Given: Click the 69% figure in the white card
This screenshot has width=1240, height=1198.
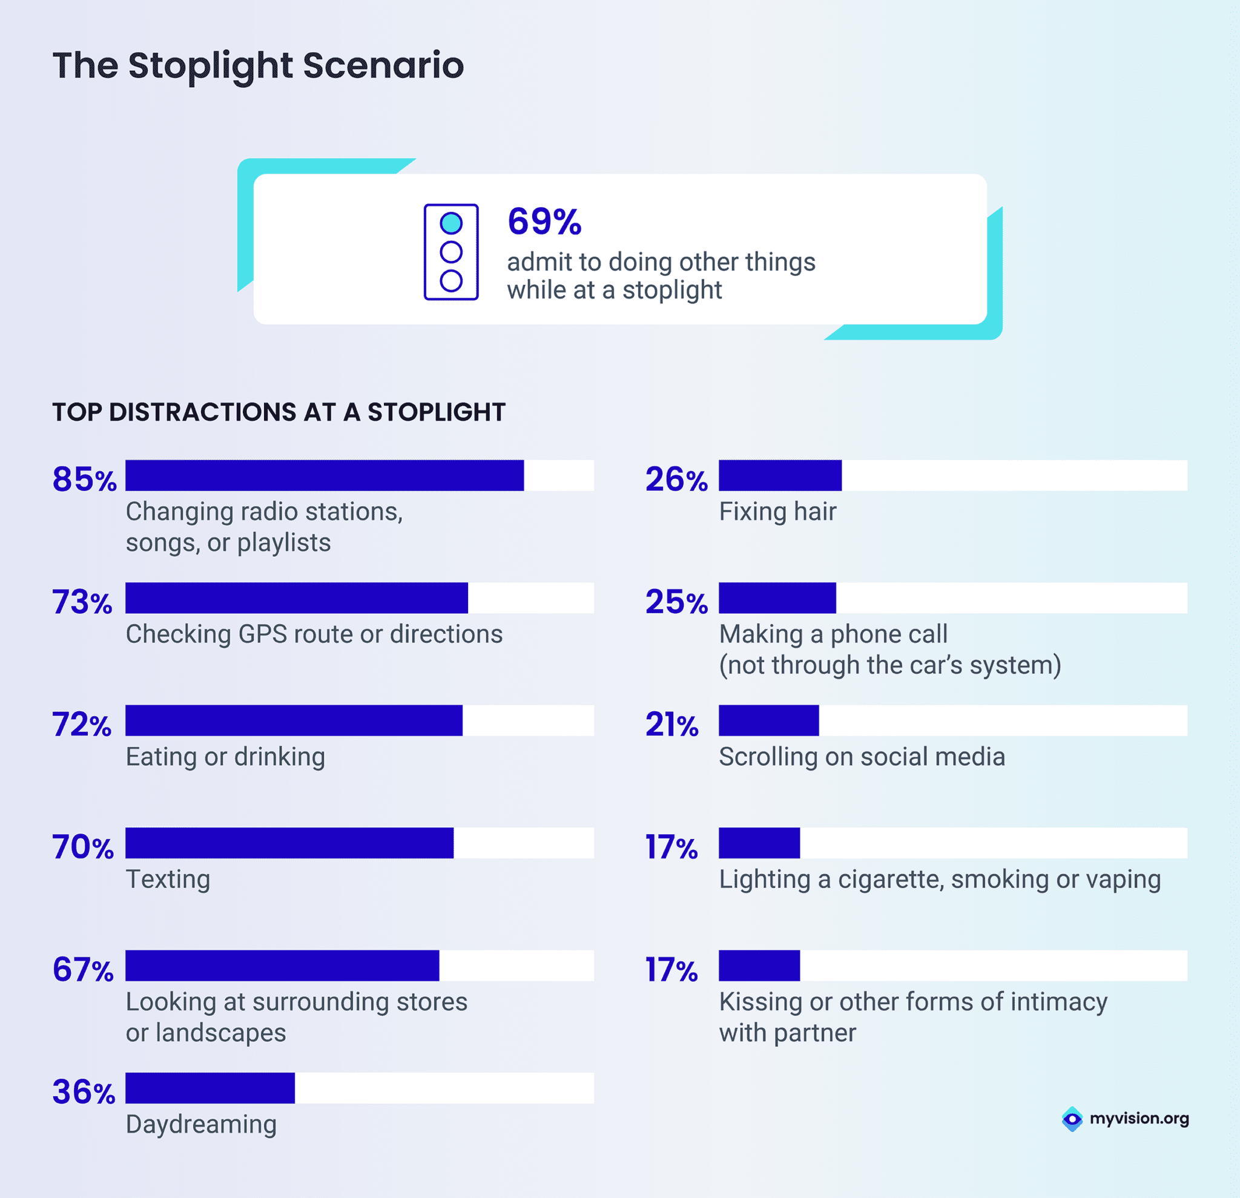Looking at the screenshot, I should point(544,222).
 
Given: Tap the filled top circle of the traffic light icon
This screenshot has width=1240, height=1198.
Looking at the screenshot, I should point(451,223).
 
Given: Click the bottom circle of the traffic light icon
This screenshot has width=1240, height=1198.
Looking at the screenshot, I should point(451,280).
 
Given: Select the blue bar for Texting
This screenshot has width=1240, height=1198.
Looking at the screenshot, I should point(289,843).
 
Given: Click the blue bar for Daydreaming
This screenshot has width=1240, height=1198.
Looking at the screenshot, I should point(210,1088).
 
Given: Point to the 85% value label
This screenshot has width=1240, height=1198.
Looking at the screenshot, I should point(84,479).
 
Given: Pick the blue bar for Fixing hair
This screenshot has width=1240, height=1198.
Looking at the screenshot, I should point(780,475).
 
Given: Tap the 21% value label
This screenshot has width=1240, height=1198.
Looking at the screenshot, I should point(672,724).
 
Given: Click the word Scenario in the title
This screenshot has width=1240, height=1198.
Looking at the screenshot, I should point(383,65).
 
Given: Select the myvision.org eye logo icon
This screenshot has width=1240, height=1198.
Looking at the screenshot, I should point(1072,1119).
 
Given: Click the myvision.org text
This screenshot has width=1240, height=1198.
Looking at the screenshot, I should point(1139,1118).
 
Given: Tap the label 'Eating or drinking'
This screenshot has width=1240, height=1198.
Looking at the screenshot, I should point(225,757).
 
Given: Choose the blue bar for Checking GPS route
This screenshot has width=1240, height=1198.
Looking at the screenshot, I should point(296,597).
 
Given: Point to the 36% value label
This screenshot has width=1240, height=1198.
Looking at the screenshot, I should point(84,1091).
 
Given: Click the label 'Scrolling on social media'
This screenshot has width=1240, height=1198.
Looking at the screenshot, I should point(862,757).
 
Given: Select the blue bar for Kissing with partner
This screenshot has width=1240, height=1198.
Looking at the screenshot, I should point(759,965).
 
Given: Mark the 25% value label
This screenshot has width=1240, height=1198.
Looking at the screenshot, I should point(676,602).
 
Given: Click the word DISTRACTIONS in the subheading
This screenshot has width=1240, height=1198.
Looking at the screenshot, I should point(202,412).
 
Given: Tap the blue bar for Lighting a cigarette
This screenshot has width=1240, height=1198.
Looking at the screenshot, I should point(759,843).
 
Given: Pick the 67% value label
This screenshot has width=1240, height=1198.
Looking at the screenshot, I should point(83,969).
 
